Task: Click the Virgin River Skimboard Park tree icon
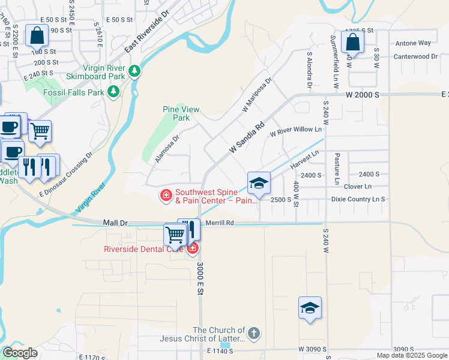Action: coord(135,71)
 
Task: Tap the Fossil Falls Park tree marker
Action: coord(112,92)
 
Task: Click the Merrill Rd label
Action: coord(218,223)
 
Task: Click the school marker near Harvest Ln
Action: coord(259,184)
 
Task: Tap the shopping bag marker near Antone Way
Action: coord(352,42)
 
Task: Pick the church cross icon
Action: coord(254,334)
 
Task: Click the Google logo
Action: coord(20,353)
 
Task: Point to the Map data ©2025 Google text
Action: coord(412,355)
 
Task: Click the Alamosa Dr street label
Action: coord(167,148)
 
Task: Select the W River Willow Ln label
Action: coord(296,129)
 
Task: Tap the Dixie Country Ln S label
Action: coord(358,199)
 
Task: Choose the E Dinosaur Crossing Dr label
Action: coord(66,175)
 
